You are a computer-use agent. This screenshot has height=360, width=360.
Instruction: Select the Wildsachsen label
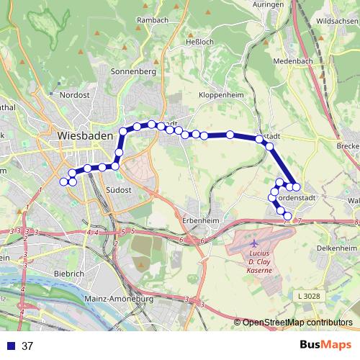(336, 21)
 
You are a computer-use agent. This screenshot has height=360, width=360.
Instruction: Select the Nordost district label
(74, 94)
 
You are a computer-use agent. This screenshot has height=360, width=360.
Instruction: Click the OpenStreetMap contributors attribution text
(297, 323)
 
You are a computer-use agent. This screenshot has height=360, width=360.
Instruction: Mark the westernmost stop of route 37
(63, 181)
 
